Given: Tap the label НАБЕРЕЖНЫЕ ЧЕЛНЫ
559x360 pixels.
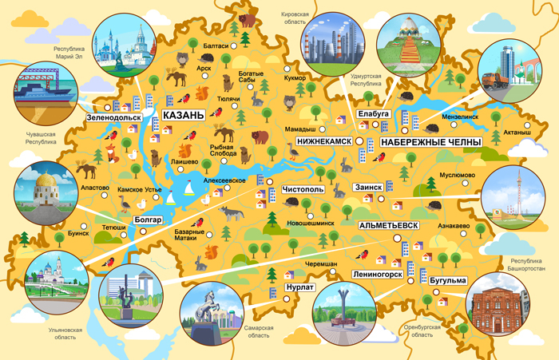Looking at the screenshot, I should [x=430, y=141].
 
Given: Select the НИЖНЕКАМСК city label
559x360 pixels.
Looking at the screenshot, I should [x=323, y=141].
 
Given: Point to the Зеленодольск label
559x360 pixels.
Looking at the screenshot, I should [x=114, y=117].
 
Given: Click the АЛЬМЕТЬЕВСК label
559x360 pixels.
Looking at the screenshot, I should [x=389, y=226].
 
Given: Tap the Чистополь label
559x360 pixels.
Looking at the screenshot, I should [x=303, y=190].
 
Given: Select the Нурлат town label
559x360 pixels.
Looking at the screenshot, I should [x=300, y=286].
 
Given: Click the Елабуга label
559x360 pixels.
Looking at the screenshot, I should [x=373, y=115].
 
